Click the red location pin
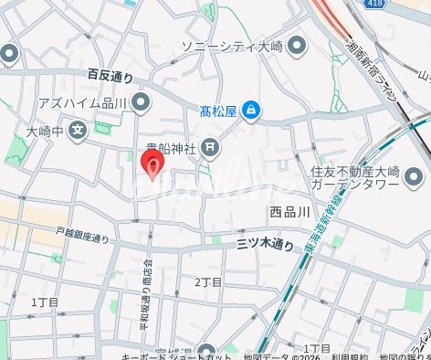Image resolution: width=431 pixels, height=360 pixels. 152,165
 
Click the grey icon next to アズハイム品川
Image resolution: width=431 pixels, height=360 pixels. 140,101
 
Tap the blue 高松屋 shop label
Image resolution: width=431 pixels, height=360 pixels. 218,111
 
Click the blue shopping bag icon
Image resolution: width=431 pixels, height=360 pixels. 251,111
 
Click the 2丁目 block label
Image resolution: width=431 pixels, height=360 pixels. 208,281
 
